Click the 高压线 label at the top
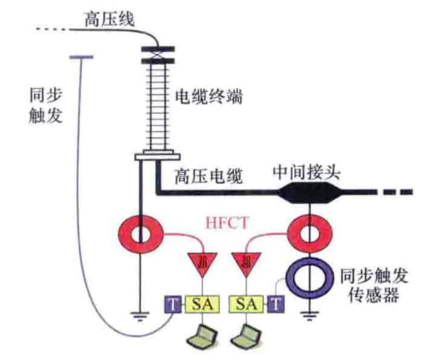pyautogui.click(x=109, y=19)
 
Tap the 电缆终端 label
pyautogui.click(x=209, y=97)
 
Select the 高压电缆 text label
pyautogui.click(x=208, y=176)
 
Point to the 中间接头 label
pyautogui.click(x=306, y=173)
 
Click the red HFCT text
pyautogui.click(x=227, y=223)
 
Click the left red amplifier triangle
pyautogui.click(x=203, y=263)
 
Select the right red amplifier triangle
pyautogui.click(x=246, y=263)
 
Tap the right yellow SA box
pyautogui.click(x=246, y=304)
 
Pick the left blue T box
pyautogui.click(x=173, y=305)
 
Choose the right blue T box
pyautogui.click(x=276, y=305)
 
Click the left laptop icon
pyautogui.click(x=202, y=336)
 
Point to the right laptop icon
pyautogui.click(x=246, y=336)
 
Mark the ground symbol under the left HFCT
pyautogui.click(x=140, y=316)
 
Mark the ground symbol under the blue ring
pyautogui.click(x=309, y=316)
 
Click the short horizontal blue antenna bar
pyautogui.click(x=81, y=58)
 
